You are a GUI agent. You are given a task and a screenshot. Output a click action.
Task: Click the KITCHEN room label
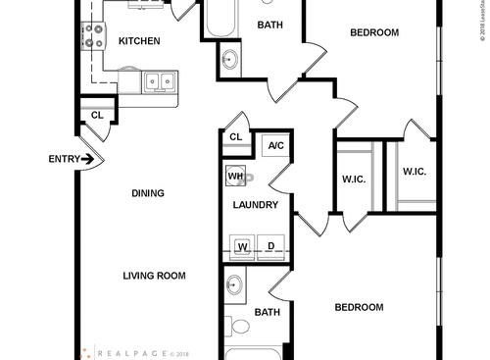click(x=139, y=41)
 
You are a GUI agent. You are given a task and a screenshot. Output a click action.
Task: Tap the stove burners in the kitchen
click(x=95, y=37)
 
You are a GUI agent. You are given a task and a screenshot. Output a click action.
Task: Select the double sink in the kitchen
click(x=160, y=82)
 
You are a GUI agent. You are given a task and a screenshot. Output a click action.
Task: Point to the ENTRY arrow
click(x=88, y=158)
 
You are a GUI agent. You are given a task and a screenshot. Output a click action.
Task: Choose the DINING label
click(x=148, y=193)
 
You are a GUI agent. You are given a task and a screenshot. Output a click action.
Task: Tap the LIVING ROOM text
click(x=154, y=276)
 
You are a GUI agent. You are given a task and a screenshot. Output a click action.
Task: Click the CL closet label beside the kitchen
click(x=97, y=115)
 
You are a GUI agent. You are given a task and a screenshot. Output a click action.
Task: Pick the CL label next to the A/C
click(x=235, y=136)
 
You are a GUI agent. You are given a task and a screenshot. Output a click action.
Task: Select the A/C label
click(x=275, y=146)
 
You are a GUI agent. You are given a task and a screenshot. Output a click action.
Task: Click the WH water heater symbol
click(x=237, y=178)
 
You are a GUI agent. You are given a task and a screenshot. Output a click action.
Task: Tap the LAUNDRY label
click(x=256, y=205)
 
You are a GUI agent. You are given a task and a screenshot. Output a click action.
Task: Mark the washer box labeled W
click(x=241, y=246)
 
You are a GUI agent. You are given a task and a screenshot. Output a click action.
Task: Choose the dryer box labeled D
click(x=270, y=246)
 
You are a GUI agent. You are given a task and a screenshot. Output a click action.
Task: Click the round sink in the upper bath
click(x=229, y=60)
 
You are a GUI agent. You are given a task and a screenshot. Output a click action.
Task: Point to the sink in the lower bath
click(x=234, y=286)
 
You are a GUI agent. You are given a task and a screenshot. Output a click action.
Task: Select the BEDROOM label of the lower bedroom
click(x=359, y=307)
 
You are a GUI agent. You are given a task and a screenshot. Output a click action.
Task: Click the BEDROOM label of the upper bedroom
click(x=374, y=32)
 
